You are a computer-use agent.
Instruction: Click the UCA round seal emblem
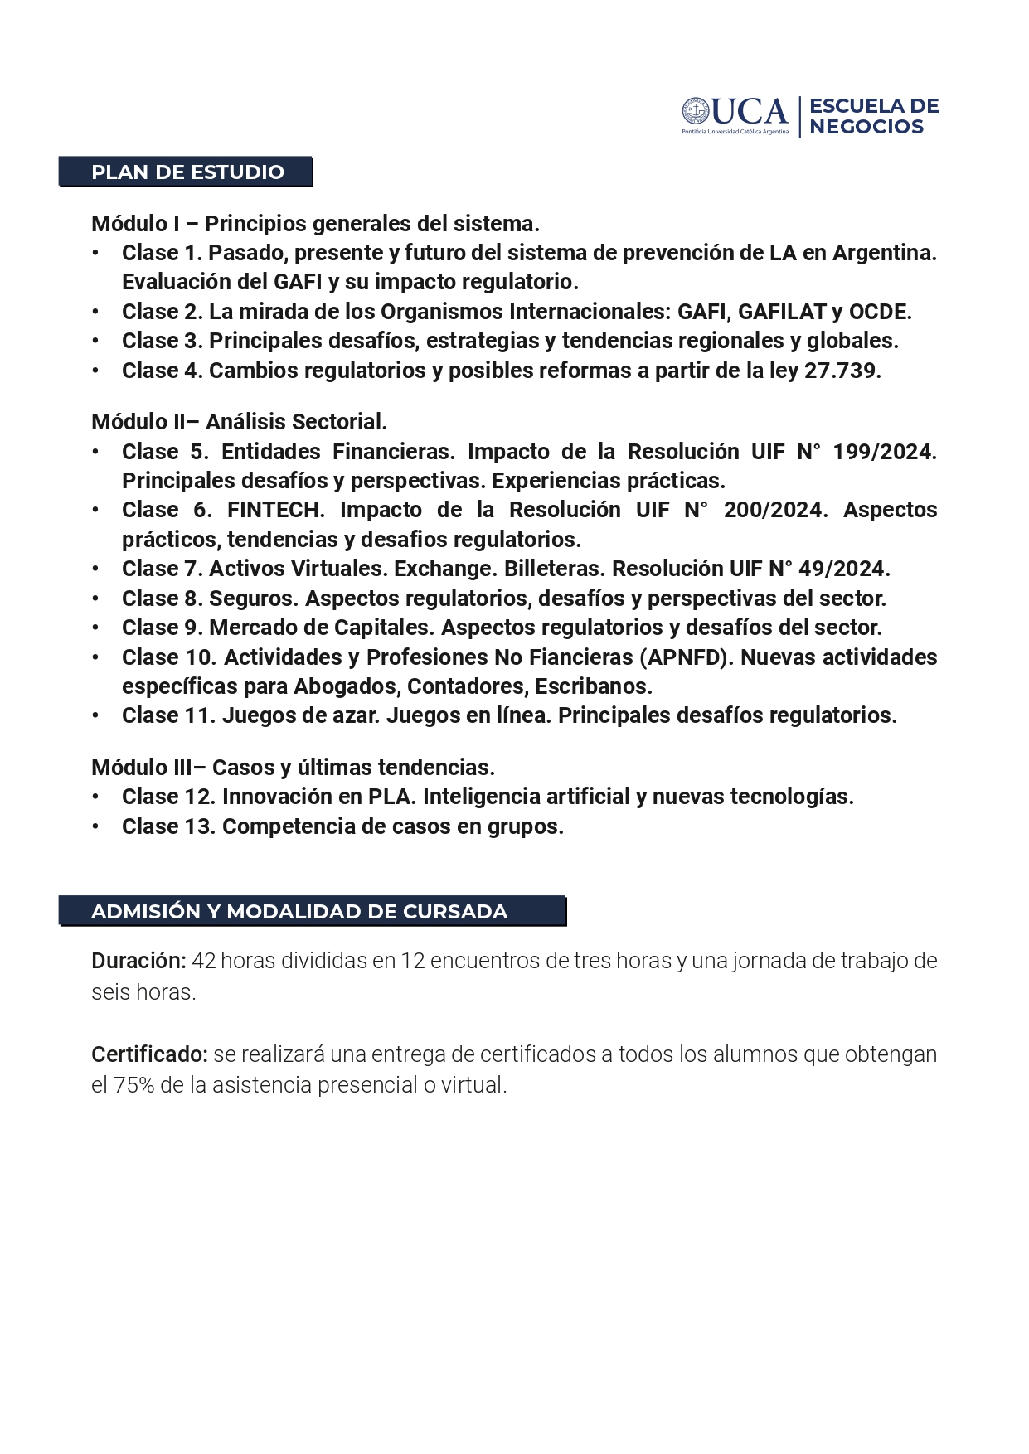pyautogui.click(x=695, y=111)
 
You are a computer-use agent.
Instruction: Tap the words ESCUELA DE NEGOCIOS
pyautogui.click(x=873, y=116)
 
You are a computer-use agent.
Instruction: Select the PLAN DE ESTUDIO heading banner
pyautogui.click(x=187, y=172)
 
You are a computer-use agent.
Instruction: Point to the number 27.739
pyautogui.click(x=842, y=371)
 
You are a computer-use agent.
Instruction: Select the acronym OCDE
pyautogui.click(x=880, y=312)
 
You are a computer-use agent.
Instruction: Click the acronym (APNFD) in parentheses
pyautogui.click(x=687, y=657)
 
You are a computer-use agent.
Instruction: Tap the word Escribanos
pyautogui.click(x=593, y=686)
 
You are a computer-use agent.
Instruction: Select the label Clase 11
pyautogui.click(x=169, y=715)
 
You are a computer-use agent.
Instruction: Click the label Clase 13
pyautogui.click(x=169, y=826)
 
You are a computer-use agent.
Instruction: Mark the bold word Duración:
pyautogui.click(x=138, y=961)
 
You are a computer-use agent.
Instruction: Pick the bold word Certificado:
pyautogui.click(x=149, y=1054)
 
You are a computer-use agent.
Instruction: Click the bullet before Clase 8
pyautogui.click(x=96, y=598)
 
